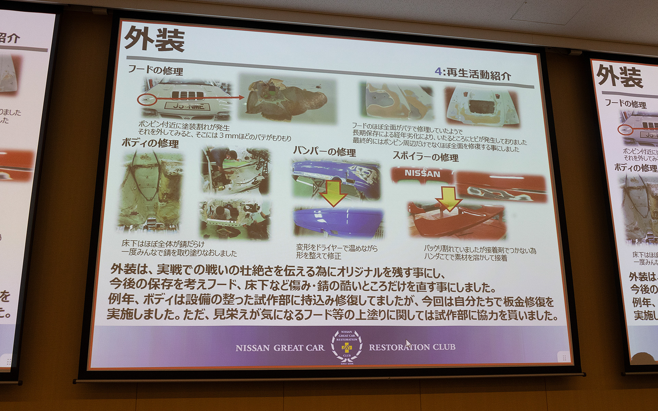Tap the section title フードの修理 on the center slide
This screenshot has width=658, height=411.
coord(155,70)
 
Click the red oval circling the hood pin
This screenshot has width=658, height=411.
coord(147,100)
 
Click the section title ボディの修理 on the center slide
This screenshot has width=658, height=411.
coord(150,143)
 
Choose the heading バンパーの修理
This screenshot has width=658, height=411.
coord(324,151)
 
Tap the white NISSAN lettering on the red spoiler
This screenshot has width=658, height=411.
coord(422,173)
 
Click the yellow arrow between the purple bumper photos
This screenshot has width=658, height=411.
coord(333,193)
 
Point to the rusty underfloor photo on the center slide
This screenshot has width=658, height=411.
coord(150,192)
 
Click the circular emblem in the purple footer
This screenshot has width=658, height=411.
coord(346,347)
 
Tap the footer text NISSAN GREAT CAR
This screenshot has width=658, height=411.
coord(280,348)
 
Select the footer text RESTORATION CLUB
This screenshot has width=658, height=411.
coord(412,347)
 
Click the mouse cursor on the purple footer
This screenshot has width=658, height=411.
coord(408,344)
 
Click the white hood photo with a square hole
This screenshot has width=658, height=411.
coord(482,106)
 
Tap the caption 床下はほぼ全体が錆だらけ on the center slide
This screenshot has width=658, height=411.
coord(163,244)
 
